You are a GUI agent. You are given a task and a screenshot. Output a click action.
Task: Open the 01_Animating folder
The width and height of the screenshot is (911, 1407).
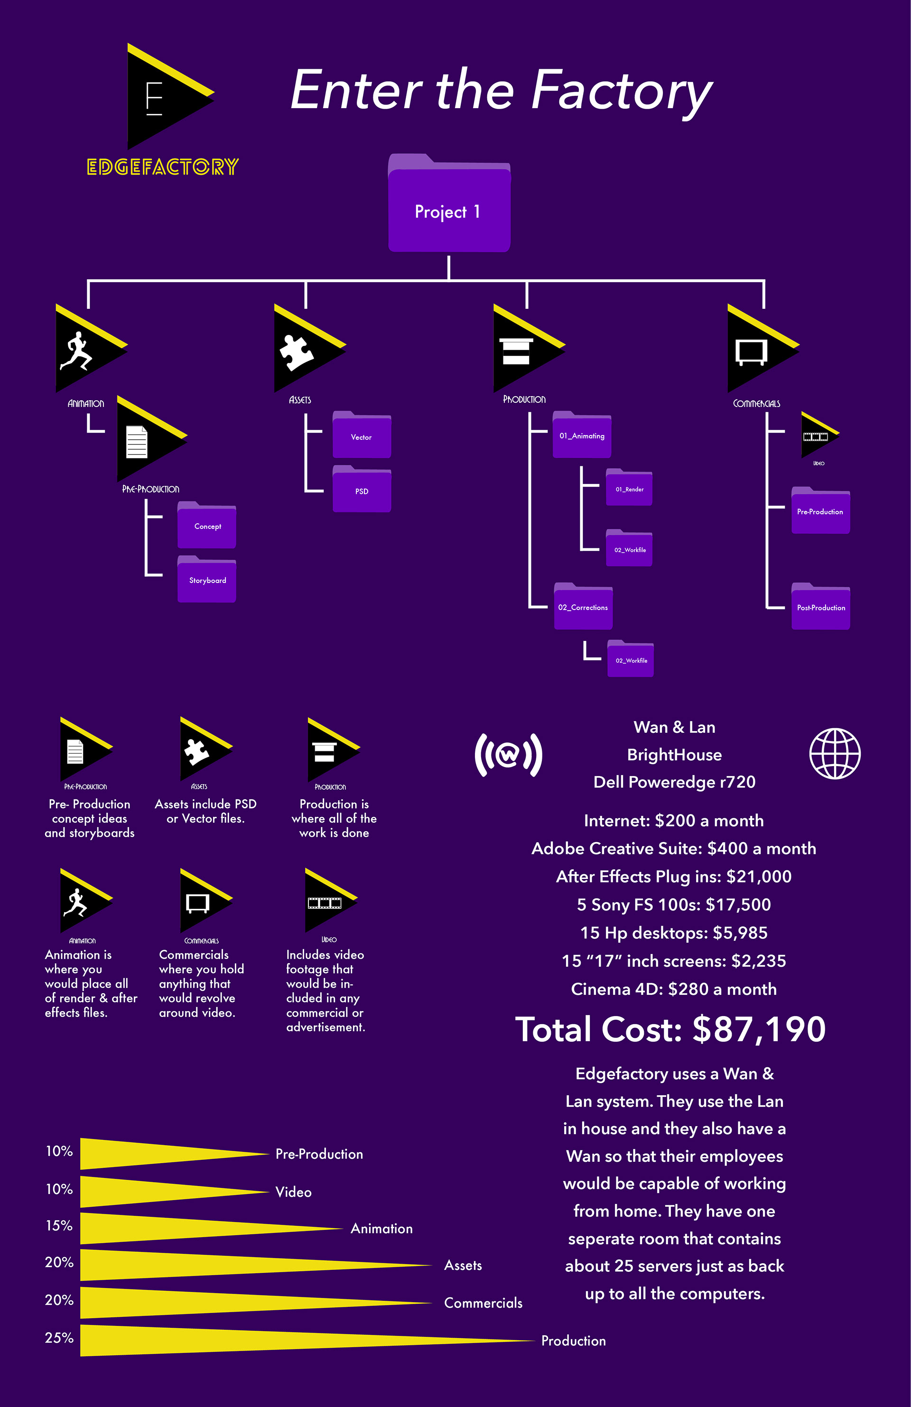(x=582, y=435)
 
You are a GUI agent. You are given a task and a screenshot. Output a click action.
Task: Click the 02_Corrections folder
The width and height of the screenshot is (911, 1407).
(x=583, y=607)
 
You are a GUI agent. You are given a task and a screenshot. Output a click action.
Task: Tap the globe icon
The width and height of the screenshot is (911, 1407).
(x=834, y=753)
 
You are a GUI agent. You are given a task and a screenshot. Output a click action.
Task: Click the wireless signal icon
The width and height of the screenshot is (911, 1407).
(x=508, y=754)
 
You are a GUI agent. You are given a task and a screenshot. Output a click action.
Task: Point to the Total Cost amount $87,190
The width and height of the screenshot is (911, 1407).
(x=759, y=1029)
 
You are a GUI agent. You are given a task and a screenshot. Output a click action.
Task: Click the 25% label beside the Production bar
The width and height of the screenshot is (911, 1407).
(x=59, y=1337)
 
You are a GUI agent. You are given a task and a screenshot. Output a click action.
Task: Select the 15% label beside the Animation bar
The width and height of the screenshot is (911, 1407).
(x=59, y=1225)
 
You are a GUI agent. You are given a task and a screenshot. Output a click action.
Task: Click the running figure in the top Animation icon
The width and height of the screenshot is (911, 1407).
(x=75, y=351)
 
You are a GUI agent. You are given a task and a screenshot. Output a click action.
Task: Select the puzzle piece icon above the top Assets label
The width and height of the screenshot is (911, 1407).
(x=296, y=352)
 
